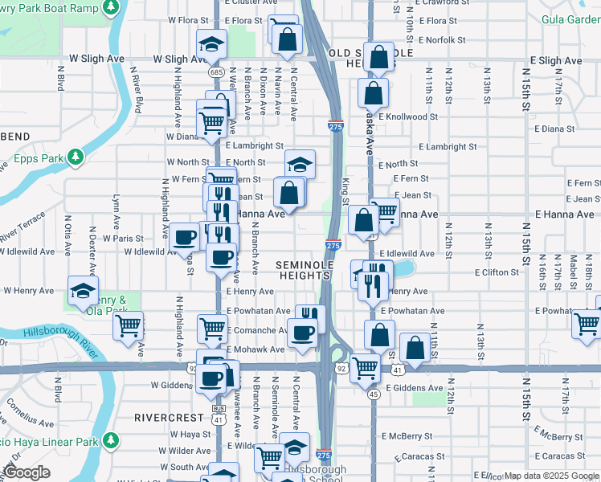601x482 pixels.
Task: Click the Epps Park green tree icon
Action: pos(76,155)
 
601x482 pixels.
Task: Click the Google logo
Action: pos(27,472)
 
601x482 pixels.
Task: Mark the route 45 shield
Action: pos(374,394)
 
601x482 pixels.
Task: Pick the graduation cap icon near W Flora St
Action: pos(211,43)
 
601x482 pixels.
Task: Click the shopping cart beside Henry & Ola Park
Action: pos(128,325)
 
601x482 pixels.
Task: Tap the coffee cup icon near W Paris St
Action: pos(184,237)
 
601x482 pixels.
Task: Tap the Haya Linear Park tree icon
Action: pos(110,441)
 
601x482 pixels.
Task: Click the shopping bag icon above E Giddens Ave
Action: pos(415,348)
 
